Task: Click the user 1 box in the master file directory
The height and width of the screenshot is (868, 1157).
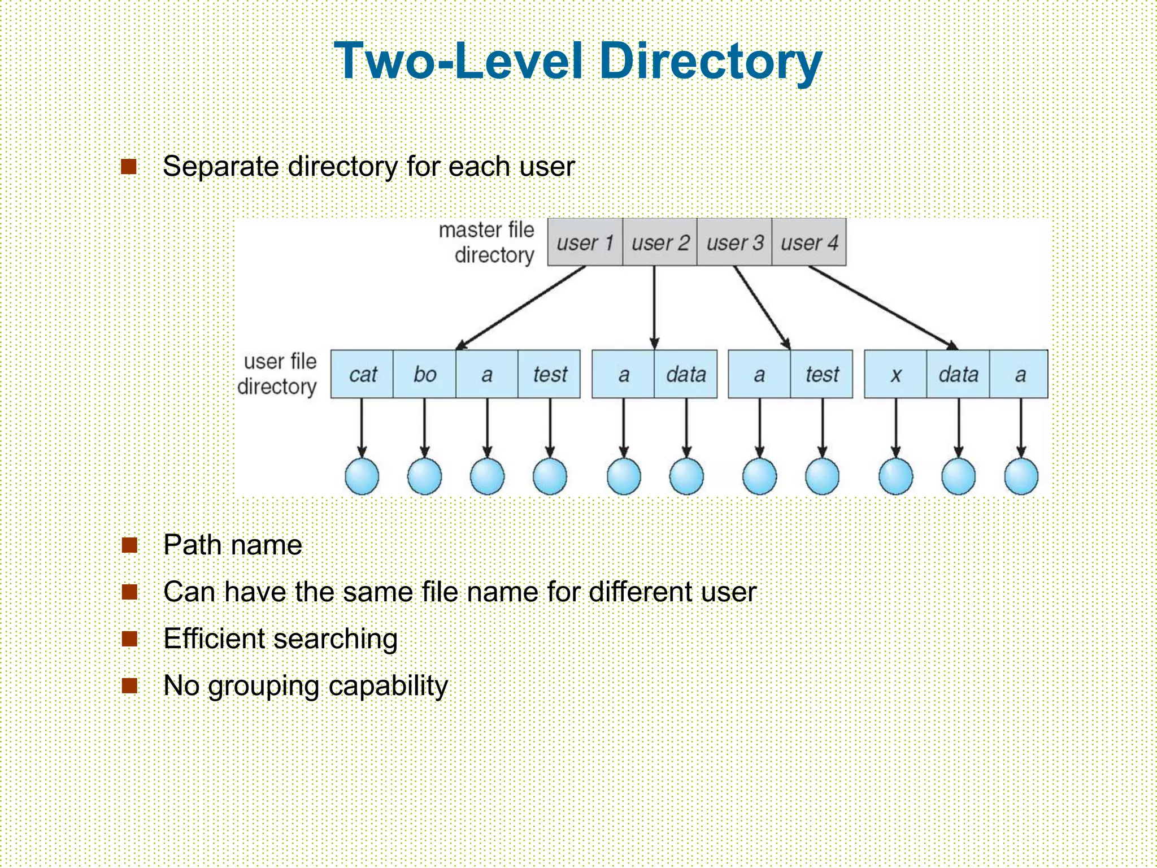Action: click(x=585, y=242)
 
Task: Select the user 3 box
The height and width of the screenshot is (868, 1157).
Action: click(x=734, y=242)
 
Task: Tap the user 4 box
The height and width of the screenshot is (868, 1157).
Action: click(x=809, y=242)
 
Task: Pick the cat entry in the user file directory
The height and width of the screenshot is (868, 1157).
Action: click(x=362, y=374)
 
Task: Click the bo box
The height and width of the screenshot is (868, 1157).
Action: click(x=424, y=374)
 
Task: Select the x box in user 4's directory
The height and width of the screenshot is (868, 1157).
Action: click(x=895, y=374)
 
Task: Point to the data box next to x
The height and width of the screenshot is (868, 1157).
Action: click(x=958, y=374)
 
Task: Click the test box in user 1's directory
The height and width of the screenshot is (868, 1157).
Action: click(x=549, y=374)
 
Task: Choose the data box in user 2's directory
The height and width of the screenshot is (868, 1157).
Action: click(x=686, y=374)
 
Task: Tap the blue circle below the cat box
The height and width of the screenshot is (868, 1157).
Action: click(x=362, y=476)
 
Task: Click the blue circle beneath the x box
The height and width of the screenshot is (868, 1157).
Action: click(x=895, y=476)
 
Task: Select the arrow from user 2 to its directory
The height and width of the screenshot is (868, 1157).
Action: click(x=654, y=308)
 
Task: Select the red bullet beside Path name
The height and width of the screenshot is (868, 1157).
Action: click(x=130, y=545)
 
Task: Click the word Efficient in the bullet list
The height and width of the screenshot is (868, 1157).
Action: click(x=214, y=639)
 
